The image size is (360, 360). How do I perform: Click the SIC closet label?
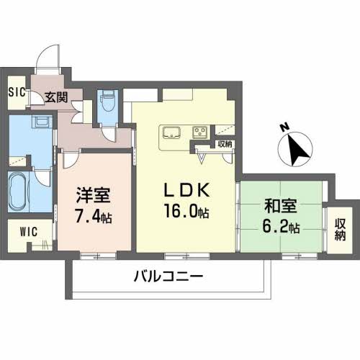pos(17,92)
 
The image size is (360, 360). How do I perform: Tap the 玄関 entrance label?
pos(56,97)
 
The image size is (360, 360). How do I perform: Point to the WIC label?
pos(29,232)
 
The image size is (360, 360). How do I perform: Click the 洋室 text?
pos(94,195)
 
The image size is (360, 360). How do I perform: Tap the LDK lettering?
pos(186,190)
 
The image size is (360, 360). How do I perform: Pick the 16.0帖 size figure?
pos(186,210)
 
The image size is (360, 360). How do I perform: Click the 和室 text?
pos(281,206)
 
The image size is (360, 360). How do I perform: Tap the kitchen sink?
pos(171,132)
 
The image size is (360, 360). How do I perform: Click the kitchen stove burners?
pos(200,132)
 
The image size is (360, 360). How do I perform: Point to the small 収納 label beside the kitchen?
pos(225,144)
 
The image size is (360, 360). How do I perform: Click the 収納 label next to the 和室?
pos(341,230)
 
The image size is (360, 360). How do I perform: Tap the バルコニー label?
pos(168,276)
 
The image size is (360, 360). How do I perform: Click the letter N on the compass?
pos(285,127)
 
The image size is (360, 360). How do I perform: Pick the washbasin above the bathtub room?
pos(43,122)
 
